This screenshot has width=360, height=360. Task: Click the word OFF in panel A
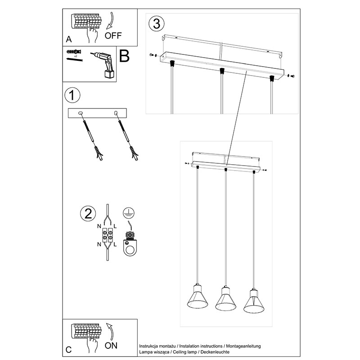[113, 36]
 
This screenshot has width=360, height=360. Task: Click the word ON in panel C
[111, 346]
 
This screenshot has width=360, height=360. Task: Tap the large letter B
[124, 56]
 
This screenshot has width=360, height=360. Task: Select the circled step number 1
[72, 95]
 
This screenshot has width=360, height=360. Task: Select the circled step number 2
[88, 214]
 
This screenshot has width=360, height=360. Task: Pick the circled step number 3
[157, 24]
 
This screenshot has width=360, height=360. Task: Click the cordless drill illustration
[104, 64]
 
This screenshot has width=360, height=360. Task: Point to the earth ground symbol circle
[129, 213]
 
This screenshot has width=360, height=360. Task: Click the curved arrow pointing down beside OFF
[110, 21]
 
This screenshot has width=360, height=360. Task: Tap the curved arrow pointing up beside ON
[110, 332]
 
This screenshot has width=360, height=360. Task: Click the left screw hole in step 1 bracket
[81, 113]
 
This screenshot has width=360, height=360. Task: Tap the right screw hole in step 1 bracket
[116, 113]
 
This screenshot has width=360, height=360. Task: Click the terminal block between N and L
[107, 235]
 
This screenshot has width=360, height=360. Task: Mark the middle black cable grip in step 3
[221, 71]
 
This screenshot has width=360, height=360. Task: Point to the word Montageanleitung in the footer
[243, 346]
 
